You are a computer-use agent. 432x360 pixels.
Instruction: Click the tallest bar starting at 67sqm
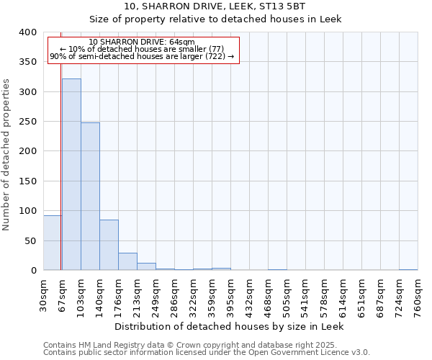[x=71, y=174]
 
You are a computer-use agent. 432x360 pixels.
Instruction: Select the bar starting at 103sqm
[x=90, y=197]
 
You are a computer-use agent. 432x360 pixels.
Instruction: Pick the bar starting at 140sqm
[x=109, y=245]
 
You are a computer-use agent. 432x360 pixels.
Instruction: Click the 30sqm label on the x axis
[x=44, y=294]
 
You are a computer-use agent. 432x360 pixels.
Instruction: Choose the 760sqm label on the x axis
[x=418, y=294]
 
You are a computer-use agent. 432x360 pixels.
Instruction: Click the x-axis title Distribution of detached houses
[x=230, y=326]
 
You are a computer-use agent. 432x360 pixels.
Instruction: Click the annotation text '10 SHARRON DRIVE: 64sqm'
[x=142, y=42]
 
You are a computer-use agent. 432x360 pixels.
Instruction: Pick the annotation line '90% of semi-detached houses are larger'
[x=142, y=56]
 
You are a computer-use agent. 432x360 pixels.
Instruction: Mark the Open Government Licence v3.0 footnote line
[x=207, y=353]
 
